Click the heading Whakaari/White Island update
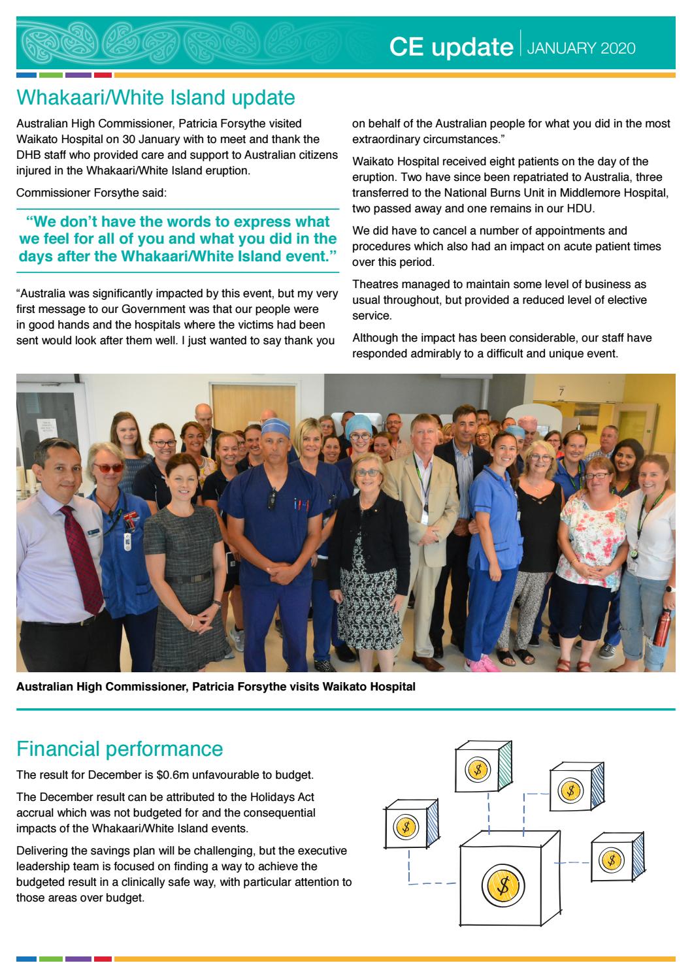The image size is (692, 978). pos(156,98)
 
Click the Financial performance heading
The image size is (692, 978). pos(120,748)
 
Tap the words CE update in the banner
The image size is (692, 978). pos(450,47)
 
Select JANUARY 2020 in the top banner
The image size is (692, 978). pos(580,48)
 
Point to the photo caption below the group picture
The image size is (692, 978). pos(216,687)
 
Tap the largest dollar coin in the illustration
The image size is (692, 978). pos(503,886)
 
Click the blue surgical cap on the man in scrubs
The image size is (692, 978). pos(274,427)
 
